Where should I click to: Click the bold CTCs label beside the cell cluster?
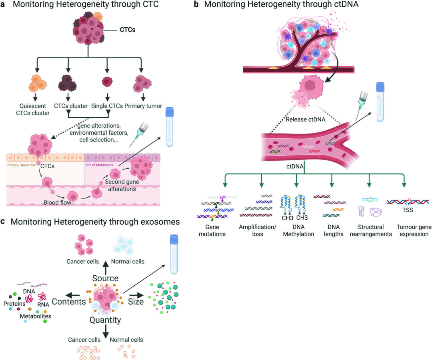tap(127, 30)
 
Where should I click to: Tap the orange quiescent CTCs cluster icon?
tap(38, 83)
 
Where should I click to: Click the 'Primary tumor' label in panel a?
tap(143, 106)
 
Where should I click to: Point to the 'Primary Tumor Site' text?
tap(21, 165)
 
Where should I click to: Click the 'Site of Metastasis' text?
tap(99, 165)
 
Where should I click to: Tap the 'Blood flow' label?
tap(57, 203)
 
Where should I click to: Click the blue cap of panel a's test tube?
tap(170, 111)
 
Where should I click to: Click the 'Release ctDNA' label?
tap(306, 119)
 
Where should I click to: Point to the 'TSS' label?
tap(408, 210)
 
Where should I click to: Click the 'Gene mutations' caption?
tap(212, 231)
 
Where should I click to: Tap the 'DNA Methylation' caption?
tap(299, 231)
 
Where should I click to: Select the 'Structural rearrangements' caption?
tap(371, 231)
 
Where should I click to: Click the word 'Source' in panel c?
tap(106, 278)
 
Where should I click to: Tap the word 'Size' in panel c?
tap(136, 302)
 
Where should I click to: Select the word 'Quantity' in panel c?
tap(105, 320)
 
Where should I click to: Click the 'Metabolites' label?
tap(36, 316)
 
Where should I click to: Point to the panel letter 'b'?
tap(196, 4)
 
